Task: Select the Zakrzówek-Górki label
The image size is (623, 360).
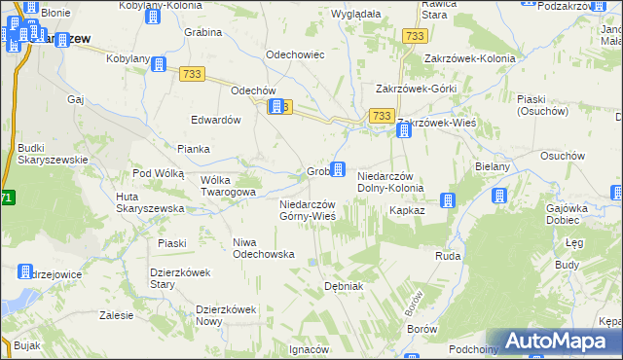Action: pyautogui.click(x=416, y=89)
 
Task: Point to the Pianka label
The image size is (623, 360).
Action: pyautogui.click(x=194, y=149)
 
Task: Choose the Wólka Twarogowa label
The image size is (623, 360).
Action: pyautogui.click(x=227, y=186)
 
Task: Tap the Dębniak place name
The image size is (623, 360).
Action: pyautogui.click(x=344, y=287)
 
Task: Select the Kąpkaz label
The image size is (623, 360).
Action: pyautogui.click(x=405, y=210)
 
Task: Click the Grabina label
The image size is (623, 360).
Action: pyautogui.click(x=203, y=32)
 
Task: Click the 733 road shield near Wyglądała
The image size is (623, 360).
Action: pyautogui.click(x=415, y=36)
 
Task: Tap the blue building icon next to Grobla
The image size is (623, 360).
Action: pyautogui.click(x=338, y=170)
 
